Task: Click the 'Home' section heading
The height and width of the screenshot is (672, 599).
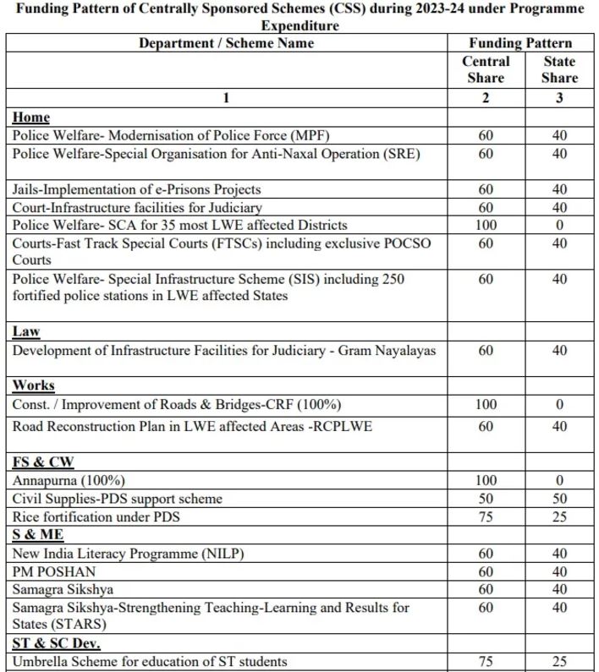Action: point(30,117)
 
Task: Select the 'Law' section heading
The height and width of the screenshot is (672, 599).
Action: point(26,332)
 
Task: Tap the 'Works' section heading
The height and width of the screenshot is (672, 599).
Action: point(33,385)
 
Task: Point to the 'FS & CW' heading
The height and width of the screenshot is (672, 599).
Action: point(42,462)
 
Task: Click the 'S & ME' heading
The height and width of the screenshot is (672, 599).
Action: point(38,535)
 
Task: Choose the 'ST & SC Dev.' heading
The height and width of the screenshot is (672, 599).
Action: point(56,644)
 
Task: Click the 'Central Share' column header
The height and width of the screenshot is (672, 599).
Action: point(486,69)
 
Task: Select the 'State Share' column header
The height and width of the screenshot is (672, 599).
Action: point(559,69)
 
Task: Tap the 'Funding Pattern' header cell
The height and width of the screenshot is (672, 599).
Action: point(520,43)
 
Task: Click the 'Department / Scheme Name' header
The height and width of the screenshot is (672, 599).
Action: point(226,43)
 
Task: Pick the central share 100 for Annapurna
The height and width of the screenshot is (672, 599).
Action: point(486,481)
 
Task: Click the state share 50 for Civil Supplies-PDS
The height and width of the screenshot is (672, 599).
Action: point(559,499)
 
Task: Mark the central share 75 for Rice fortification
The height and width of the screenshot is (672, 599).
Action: point(486,516)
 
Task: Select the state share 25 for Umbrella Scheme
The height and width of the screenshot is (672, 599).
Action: point(559,662)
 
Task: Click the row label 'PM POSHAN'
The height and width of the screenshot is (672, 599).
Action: point(54,571)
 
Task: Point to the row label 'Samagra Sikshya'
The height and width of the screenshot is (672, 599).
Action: point(63,589)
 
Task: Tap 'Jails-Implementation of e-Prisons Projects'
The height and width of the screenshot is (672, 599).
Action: point(136,189)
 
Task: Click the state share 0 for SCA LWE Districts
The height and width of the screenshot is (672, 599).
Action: point(559,226)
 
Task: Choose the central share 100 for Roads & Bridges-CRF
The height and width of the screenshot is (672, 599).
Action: point(486,405)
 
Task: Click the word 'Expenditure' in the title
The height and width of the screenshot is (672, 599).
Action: point(299,25)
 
